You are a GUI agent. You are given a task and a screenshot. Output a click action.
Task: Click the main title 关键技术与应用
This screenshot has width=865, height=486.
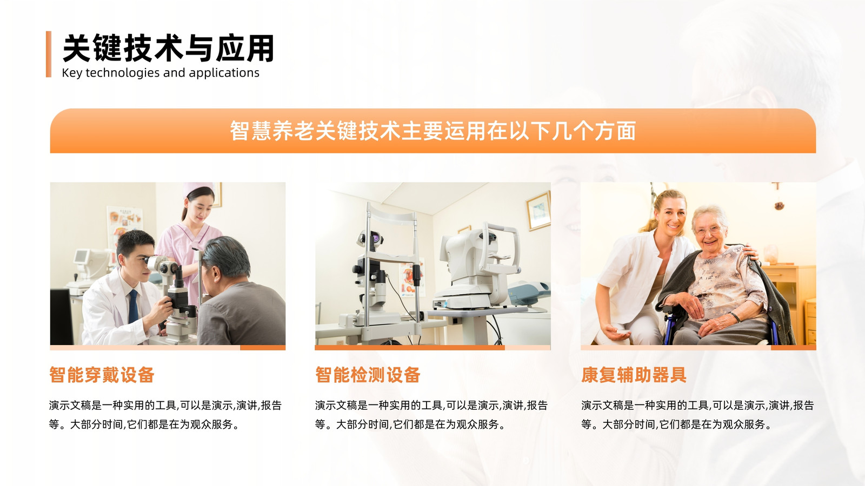click(x=168, y=48)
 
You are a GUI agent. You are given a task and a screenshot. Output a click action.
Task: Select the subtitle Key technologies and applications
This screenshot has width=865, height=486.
click(x=161, y=73)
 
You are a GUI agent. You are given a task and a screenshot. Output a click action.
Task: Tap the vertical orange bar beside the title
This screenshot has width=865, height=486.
click(x=49, y=54)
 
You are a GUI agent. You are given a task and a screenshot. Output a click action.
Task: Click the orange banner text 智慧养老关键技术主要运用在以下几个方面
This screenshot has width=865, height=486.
click(x=433, y=131)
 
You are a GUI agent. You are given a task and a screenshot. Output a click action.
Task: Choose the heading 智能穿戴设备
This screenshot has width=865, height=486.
click(x=102, y=375)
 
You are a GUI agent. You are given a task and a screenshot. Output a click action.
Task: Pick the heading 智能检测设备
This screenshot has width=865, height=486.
click(x=368, y=375)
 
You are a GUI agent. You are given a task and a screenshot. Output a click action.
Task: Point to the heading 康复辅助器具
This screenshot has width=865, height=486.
click(x=634, y=375)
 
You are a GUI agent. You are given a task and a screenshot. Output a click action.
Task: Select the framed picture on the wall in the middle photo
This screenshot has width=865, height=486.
click(x=538, y=211)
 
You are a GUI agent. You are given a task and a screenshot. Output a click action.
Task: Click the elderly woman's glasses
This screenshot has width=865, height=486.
click(x=708, y=231)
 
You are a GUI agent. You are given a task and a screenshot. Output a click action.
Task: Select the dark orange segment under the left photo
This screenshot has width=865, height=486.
click(x=263, y=348)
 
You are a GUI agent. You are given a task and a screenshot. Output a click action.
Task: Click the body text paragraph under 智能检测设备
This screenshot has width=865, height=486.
click(x=431, y=415)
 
